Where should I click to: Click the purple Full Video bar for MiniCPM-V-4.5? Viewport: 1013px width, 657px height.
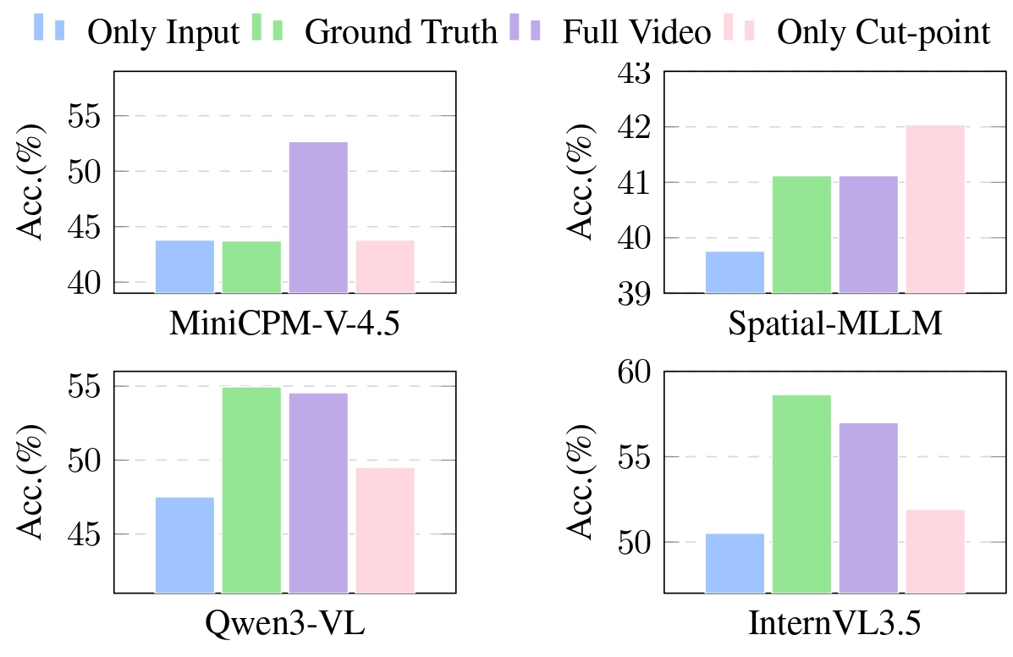pyautogui.click(x=318, y=218)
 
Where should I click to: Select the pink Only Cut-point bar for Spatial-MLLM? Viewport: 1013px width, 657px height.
pyautogui.click(x=935, y=209)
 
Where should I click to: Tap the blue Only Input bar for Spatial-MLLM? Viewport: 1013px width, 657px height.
pyautogui.click(x=735, y=272)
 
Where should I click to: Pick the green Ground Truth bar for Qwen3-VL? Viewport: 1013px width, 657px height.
pyautogui.click(x=251, y=489)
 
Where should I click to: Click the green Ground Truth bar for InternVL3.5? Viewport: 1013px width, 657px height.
pyautogui.click(x=801, y=494)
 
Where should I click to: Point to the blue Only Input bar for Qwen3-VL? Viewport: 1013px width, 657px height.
pyautogui.click(x=184, y=544)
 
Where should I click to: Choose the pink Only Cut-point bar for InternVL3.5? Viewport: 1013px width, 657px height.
pyautogui.click(x=935, y=551)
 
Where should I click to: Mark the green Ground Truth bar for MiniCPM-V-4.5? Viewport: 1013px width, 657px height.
pyautogui.click(x=251, y=267)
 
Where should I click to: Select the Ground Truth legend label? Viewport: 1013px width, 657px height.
pyautogui.click(x=400, y=32)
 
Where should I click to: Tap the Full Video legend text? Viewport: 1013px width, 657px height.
pyautogui.click(x=636, y=32)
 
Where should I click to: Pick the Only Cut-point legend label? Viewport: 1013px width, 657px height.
pyautogui.click(x=883, y=32)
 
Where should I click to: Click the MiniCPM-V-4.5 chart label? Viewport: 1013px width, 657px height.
pyautogui.click(x=285, y=324)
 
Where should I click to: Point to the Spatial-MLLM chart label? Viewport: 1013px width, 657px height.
pyautogui.click(x=834, y=324)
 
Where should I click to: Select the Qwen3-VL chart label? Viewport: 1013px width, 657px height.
pyautogui.click(x=285, y=624)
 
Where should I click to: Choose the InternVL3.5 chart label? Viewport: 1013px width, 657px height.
pyautogui.click(x=834, y=624)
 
